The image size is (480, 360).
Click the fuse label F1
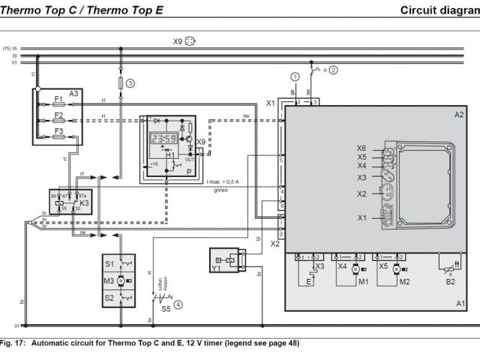pos(58,99)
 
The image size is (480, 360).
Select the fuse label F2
pos(58,115)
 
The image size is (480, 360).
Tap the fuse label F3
pos(58,132)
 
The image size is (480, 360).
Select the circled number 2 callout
pos(334,70)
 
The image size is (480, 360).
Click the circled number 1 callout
pos(295,76)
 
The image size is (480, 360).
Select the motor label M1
pos(363,282)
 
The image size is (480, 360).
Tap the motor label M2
pos(405,282)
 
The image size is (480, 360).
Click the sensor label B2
pos(451,282)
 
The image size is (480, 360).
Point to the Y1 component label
pos(217,267)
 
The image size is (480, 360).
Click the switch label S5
pos(165,308)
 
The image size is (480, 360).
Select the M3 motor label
pos(109,280)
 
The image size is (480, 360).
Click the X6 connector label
pos(361,148)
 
